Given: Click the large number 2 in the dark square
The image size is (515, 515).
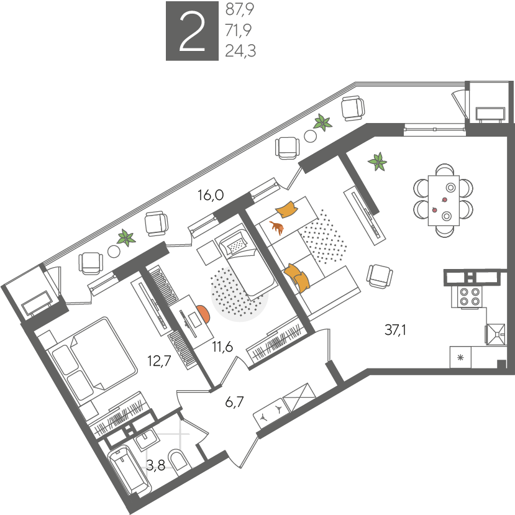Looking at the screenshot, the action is pos(192,31).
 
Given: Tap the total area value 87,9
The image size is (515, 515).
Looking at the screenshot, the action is pos(240,9).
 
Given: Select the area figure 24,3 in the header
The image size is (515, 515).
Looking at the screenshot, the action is pos(240,51).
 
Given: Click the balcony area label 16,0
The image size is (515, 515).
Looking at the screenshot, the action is pos(211,195).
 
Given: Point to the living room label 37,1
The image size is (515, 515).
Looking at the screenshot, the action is pos(395,330).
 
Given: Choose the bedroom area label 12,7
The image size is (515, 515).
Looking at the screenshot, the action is pos(159,361).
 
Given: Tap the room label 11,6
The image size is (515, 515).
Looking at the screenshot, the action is pos(222,347).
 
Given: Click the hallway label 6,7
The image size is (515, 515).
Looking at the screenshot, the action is pos(234,402).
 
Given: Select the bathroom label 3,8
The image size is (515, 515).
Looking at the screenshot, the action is pos(155,465).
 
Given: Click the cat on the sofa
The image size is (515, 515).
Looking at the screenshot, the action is pos(277,227).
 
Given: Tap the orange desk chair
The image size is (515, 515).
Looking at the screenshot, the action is pos(203,314).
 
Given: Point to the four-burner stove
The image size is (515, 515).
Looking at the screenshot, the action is pos(467,296).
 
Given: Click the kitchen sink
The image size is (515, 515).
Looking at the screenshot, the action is pos(496,334).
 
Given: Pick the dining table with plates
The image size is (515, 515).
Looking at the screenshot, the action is pos(444,201).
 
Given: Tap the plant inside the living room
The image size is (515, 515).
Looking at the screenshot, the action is pos(377,162).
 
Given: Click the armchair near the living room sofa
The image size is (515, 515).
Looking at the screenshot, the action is pos(380,276).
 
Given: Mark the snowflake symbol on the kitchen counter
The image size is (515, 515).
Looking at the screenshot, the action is pos(460,357).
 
